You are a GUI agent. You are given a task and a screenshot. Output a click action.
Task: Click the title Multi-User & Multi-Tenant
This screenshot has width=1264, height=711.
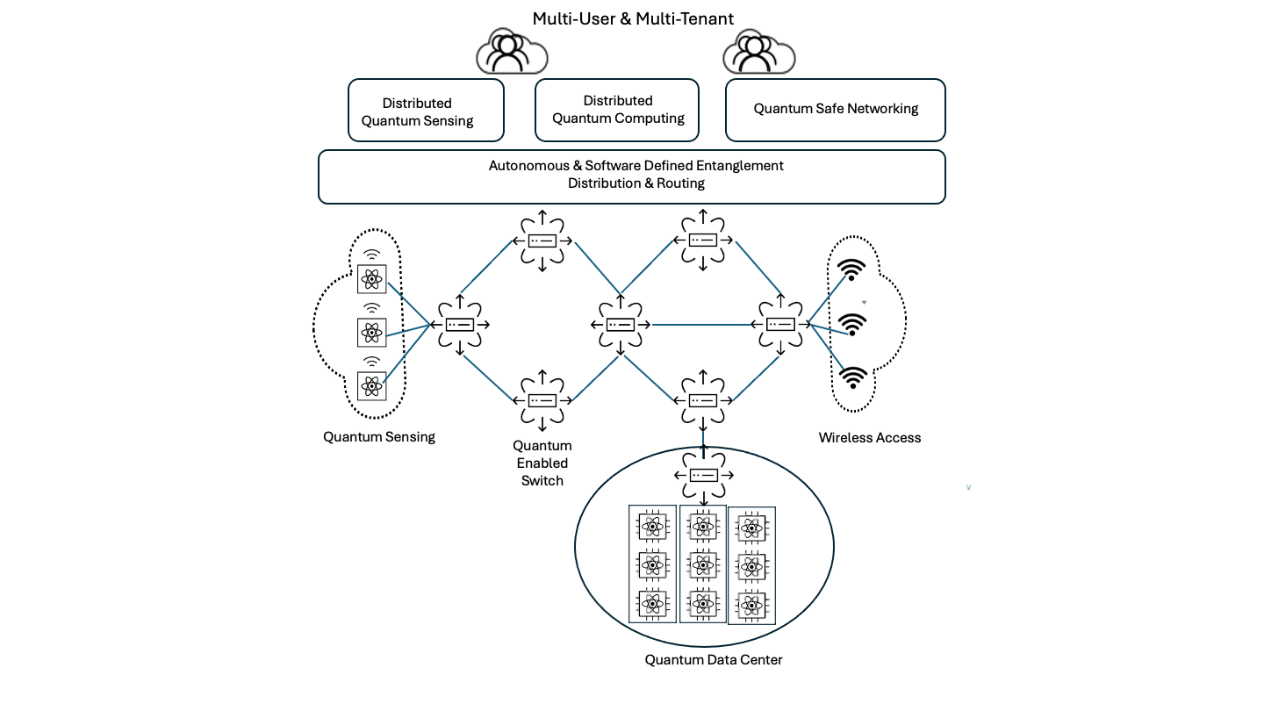tap(632, 18)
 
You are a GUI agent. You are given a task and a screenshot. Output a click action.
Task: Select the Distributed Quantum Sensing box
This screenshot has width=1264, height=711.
tap(426, 111)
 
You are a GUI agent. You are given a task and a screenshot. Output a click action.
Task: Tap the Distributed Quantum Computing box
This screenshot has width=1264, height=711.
tap(617, 110)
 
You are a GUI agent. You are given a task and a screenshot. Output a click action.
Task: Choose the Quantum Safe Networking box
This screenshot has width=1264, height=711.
tap(835, 110)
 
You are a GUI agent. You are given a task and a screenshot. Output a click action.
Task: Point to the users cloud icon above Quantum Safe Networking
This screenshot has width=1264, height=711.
tap(758, 53)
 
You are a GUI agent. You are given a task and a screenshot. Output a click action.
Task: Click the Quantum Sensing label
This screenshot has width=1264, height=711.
tap(378, 437)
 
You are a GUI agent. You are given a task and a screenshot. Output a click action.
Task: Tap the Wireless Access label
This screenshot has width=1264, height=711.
tap(869, 438)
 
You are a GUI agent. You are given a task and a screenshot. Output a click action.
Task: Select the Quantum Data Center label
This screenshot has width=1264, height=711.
tap(713, 660)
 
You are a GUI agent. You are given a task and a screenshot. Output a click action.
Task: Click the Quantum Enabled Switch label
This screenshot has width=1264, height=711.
tap(542, 463)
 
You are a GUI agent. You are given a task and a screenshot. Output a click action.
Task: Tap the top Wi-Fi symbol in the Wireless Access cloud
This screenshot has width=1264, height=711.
tap(851, 269)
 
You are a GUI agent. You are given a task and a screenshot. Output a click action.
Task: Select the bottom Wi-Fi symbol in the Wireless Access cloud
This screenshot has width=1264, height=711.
tap(851, 378)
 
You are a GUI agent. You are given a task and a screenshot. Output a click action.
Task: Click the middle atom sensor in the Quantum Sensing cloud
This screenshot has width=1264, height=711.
tap(372, 332)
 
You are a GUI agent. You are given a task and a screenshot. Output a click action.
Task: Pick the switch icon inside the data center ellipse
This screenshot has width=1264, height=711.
tap(702, 475)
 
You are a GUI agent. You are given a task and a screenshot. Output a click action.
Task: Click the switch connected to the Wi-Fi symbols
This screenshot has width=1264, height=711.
tap(780, 325)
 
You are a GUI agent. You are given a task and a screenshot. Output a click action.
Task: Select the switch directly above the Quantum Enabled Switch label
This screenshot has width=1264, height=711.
tap(542, 400)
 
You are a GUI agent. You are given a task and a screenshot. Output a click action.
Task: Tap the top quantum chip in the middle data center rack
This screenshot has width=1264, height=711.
tap(701, 527)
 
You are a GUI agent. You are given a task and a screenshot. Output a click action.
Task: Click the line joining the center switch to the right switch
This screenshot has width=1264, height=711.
tap(702, 326)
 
